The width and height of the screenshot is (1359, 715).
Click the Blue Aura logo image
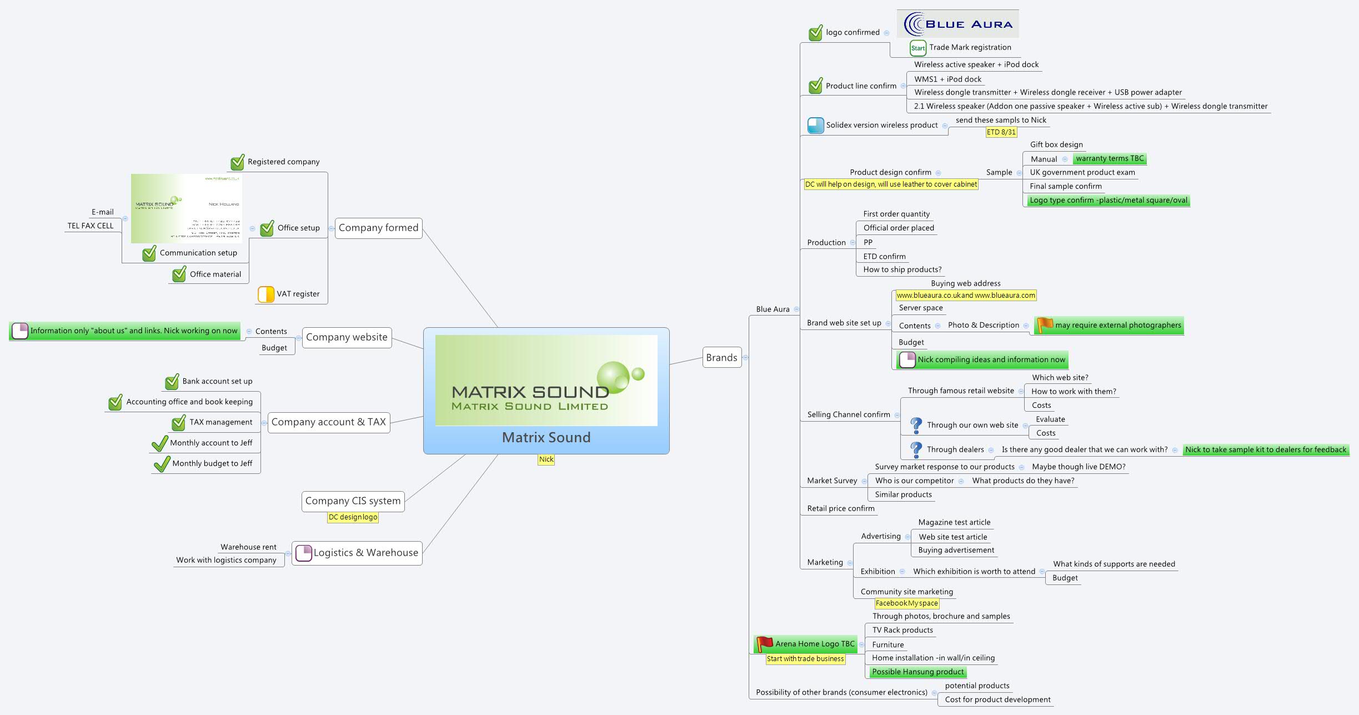tap(957, 24)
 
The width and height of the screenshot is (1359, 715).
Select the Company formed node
tap(378, 228)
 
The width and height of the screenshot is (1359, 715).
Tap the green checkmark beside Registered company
tap(238, 162)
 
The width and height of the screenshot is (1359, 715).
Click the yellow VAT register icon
tap(266, 294)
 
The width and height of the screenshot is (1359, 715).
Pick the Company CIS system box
tap(353, 501)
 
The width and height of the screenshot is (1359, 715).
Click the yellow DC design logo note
tap(353, 517)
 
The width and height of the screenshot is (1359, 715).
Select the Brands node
tap(721, 358)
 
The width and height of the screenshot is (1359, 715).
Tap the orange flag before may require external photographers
tap(1045, 325)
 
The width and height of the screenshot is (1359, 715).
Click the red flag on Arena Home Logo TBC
tap(765, 644)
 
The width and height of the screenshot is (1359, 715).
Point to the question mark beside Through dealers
tap(916, 449)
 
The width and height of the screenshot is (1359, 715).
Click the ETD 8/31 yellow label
tap(1001, 132)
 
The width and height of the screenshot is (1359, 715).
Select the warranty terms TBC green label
tap(1110, 159)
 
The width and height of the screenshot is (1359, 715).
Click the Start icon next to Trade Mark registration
tap(917, 48)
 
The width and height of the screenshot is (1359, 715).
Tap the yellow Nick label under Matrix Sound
tap(546, 459)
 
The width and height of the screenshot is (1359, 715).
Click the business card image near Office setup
tap(187, 208)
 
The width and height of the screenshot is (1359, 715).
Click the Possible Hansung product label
tap(917, 672)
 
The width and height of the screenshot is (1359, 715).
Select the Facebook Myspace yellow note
tap(906, 603)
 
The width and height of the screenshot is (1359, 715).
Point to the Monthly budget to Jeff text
tap(212, 463)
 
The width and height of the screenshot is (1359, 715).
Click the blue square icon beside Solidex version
tap(815, 126)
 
